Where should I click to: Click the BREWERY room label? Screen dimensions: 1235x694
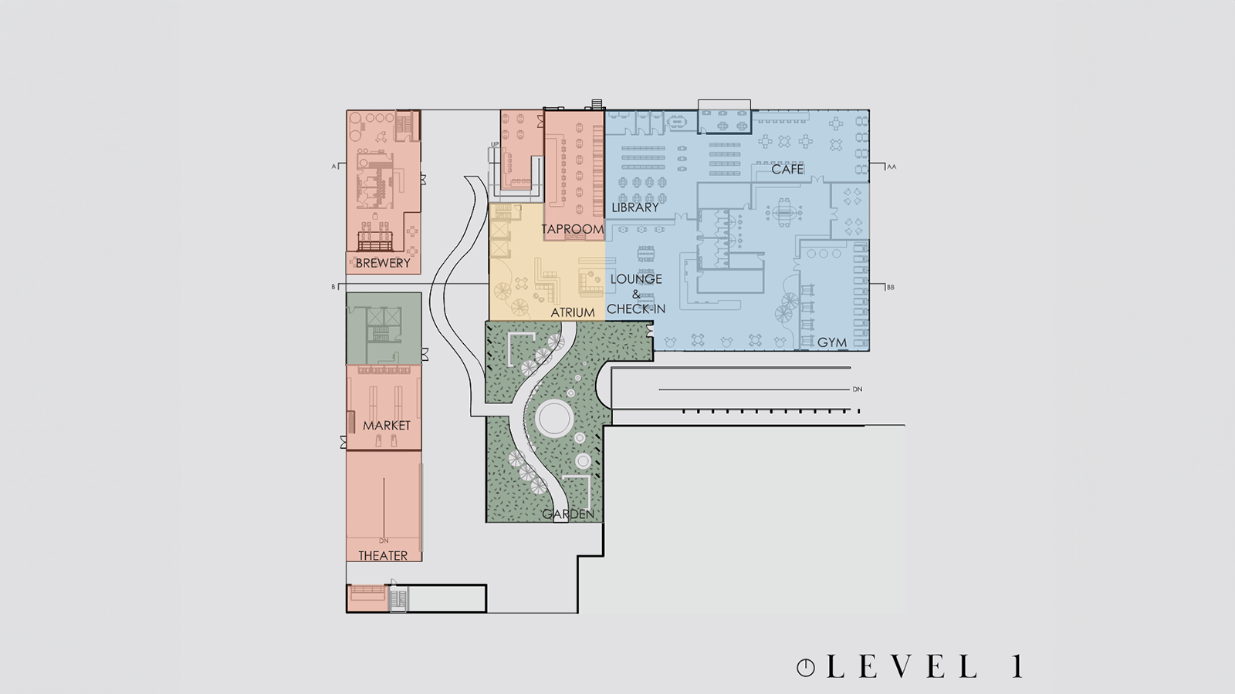tap(383, 263)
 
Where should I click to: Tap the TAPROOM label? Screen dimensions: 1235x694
tap(572, 229)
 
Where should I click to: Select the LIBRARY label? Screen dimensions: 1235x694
tap(635, 207)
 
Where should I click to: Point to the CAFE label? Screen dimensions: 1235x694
tap(787, 169)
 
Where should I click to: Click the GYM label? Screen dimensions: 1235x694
tap(831, 342)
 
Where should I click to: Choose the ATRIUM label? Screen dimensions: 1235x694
tap(573, 313)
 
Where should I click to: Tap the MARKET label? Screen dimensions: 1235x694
tap(387, 426)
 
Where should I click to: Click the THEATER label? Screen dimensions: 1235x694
tap(383, 556)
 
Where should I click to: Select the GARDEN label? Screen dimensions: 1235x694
tap(568, 514)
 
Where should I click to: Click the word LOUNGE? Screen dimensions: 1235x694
tap(636, 279)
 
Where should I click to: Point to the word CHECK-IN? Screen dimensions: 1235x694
tap(636, 309)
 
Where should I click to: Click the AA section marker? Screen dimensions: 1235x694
tap(892, 167)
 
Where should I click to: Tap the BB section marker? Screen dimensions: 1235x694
tap(891, 287)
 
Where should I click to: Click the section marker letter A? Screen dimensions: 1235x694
tap(333, 167)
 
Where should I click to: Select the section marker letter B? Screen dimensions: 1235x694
tap(333, 287)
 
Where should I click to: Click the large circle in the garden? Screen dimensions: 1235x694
tap(554, 419)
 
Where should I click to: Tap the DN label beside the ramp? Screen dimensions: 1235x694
tap(858, 389)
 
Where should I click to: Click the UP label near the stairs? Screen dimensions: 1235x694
tap(495, 144)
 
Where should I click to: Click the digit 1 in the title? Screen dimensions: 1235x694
tap(1018, 666)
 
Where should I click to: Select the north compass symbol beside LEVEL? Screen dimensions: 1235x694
tap(806, 668)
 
